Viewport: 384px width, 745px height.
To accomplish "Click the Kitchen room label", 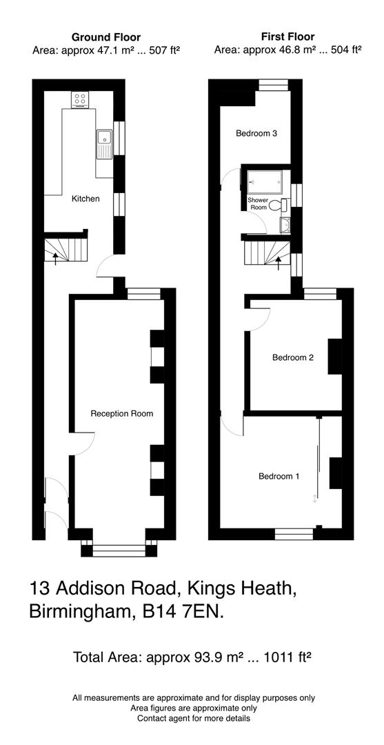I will (85, 199).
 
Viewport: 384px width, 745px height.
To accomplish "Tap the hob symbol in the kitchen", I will (79, 100).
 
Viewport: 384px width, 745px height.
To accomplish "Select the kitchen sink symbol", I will (104, 143).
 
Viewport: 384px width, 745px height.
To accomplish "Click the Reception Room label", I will (122, 413).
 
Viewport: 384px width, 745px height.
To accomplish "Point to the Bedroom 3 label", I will (256, 133).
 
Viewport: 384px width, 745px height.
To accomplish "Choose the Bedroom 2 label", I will (292, 357).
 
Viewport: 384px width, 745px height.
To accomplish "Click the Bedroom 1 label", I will (279, 476).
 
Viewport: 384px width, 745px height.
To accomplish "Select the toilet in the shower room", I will (277, 205).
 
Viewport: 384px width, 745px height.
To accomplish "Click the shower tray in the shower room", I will (265, 181).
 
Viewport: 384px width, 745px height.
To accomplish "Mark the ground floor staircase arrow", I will (56, 257).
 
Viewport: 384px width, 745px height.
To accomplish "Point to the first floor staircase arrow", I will (278, 261).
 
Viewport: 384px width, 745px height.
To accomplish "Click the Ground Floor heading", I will (105, 37).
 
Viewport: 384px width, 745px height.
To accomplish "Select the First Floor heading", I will (287, 36).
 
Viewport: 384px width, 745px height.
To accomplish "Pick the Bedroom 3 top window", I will (272, 85).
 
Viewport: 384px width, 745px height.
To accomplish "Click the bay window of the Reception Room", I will (115, 550).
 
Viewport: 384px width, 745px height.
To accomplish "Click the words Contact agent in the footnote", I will (165, 718).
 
